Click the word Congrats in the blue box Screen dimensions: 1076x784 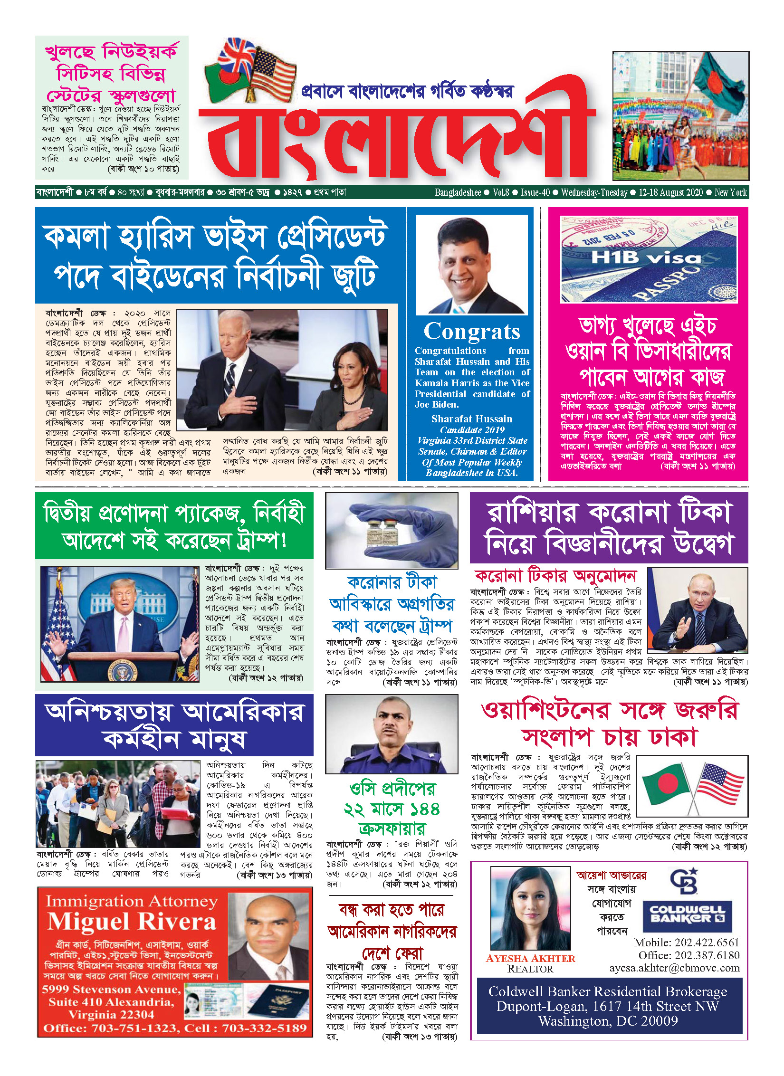click(471, 331)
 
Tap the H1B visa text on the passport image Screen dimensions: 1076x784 click(646, 258)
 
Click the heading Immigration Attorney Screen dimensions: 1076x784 click(132, 901)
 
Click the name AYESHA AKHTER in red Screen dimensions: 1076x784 click(530, 958)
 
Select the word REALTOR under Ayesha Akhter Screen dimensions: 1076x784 click(530, 969)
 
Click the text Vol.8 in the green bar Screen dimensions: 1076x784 click(501, 192)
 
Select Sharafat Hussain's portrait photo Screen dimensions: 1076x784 click(472, 264)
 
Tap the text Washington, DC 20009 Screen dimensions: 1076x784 click(608, 1021)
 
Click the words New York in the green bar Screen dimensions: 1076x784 click(731, 192)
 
